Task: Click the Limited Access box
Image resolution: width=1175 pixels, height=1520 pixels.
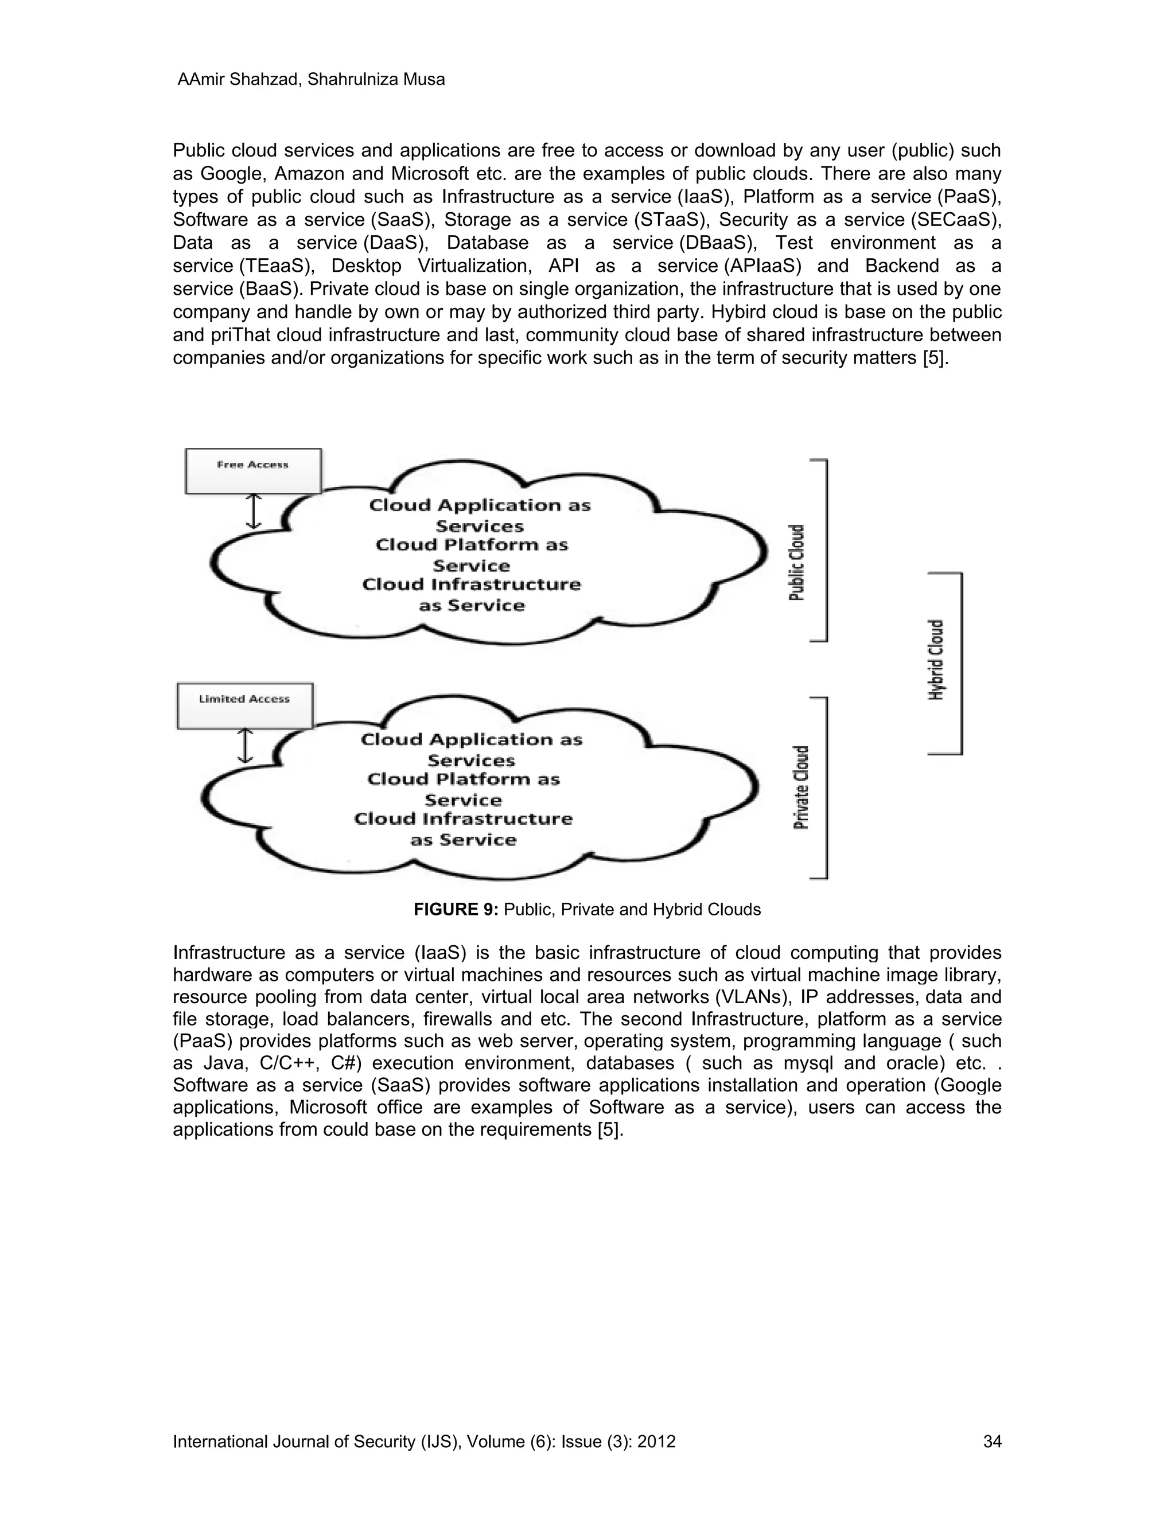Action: [x=245, y=706]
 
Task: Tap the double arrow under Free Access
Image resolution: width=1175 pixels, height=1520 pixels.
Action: [x=254, y=512]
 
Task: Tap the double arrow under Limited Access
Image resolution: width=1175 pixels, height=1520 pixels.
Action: [x=245, y=746]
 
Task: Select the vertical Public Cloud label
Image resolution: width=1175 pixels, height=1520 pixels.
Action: [x=797, y=562]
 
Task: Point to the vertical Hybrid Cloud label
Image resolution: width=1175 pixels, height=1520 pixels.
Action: [x=937, y=659]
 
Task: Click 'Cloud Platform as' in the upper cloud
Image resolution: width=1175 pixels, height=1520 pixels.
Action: [x=472, y=545]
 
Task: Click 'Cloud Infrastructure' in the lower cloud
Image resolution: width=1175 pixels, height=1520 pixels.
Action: [x=463, y=819]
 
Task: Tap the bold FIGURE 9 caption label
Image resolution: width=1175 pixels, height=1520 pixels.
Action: [x=456, y=909]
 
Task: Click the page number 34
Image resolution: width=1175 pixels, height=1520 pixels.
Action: [x=992, y=1441]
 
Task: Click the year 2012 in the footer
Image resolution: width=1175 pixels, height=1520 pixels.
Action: [x=656, y=1441]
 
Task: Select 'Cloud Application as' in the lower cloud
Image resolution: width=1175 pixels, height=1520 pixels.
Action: [x=471, y=739]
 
